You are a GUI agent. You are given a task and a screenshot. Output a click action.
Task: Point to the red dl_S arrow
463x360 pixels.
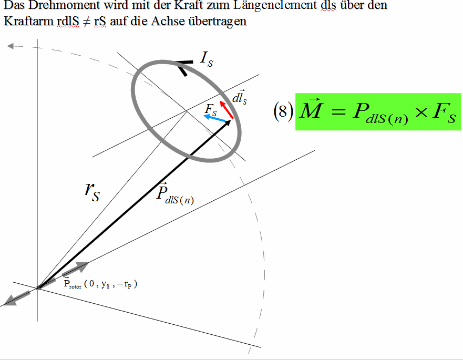(x=227, y=109)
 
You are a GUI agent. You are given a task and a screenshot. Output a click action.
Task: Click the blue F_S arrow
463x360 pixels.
(x=215, y=119)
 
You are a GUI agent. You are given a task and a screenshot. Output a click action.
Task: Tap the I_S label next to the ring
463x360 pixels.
(x=207, y=59)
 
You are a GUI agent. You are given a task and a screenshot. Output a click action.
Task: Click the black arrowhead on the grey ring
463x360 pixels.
(x=183, y=68)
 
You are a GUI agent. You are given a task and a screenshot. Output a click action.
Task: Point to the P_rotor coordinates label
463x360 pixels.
(x=100, y=284)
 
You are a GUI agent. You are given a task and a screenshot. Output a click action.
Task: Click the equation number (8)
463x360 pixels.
(x=283, y=111)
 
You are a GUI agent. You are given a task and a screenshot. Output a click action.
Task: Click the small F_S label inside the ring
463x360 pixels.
(x=211, y=109)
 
